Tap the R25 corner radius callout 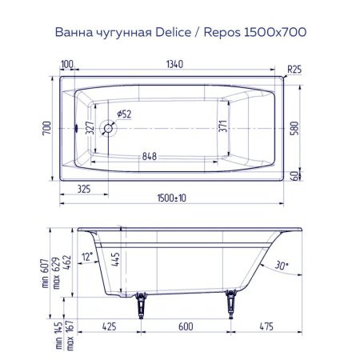[296, 70]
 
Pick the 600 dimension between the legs [186, 327]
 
